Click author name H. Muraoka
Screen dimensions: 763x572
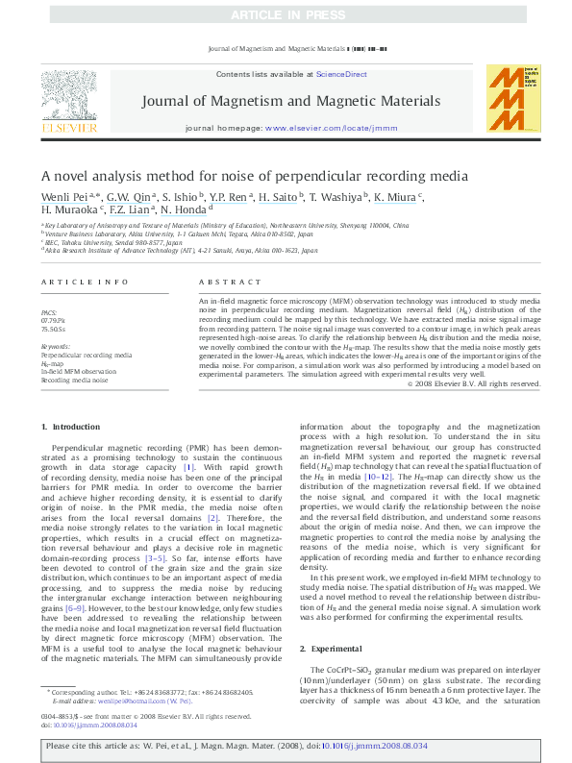click(67, 209)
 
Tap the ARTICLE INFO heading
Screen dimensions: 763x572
click(85, 282)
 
